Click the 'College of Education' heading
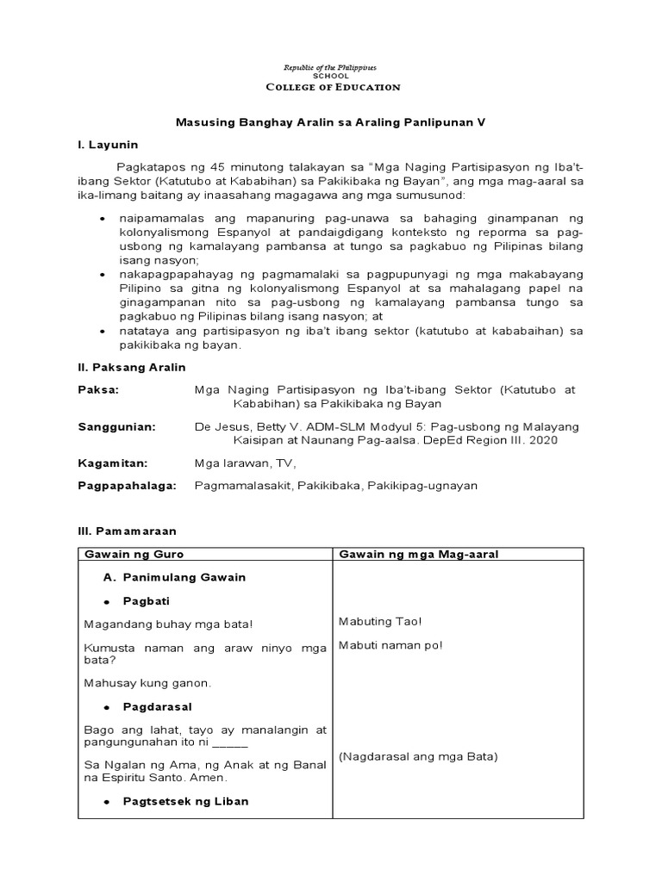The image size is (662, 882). click(x=332, y=87)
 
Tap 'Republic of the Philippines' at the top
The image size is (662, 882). click(x=331, y=67)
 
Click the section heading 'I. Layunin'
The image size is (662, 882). click(x=108, y=145)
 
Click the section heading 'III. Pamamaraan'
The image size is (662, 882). click(x=127, y=531)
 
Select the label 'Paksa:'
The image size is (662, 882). click(x=98, y=389)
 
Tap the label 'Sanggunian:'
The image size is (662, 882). click(x=116, y=426)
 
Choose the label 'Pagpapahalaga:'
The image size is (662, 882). click(x=127, y=486)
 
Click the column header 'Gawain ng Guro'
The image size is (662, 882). click(x=134, y=554)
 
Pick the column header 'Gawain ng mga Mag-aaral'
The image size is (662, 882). click(x=419, y=554)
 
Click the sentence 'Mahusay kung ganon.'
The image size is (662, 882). click(x=147, y=683)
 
